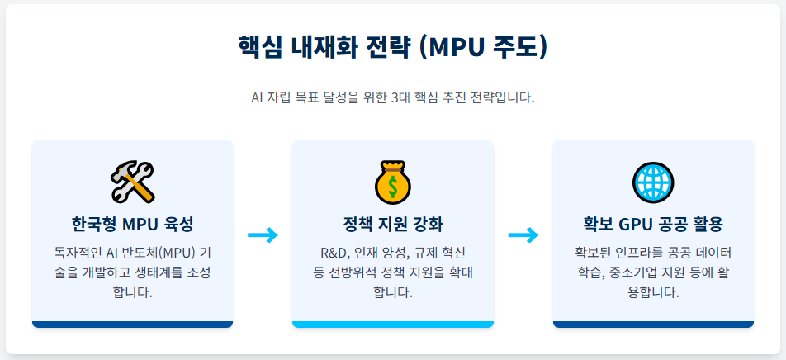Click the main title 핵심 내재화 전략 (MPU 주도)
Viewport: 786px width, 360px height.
(392, 46)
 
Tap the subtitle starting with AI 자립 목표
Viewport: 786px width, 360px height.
(392, 97)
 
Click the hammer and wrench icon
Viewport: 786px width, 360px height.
(132, 182)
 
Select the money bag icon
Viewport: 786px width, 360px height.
(392, 182)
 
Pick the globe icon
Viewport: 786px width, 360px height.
(653, 182)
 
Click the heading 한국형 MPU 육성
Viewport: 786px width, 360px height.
(132, 225)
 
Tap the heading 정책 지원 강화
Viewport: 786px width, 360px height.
(392, 225)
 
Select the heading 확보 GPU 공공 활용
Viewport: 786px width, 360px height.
(653, 225)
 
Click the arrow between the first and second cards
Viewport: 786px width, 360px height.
(263, 234)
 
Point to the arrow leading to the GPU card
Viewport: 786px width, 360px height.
(523, 234)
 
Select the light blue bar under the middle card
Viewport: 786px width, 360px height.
(392, 324)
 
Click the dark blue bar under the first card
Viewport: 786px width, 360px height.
(132, 324)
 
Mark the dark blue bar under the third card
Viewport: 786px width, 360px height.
(653, 324)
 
